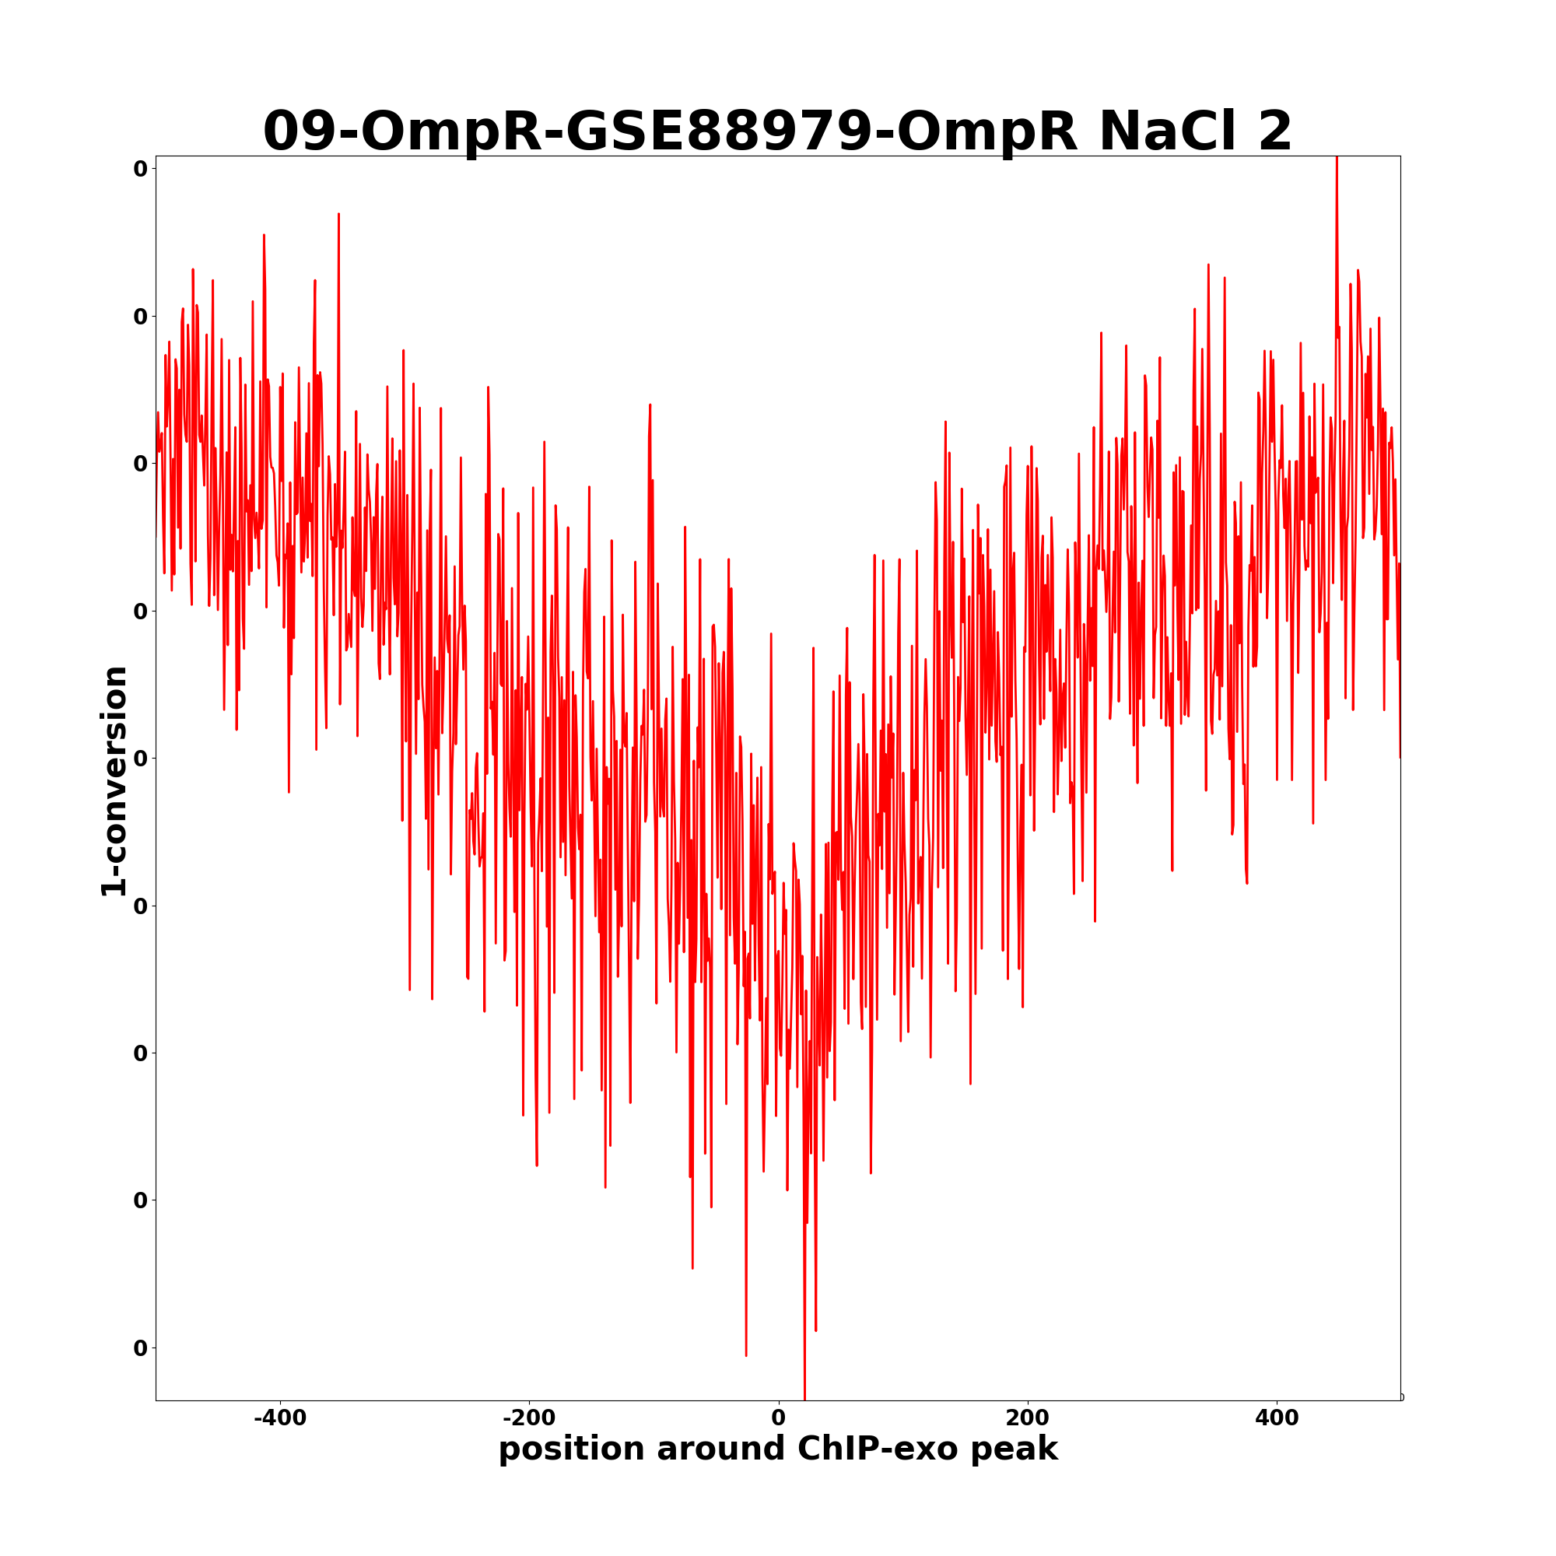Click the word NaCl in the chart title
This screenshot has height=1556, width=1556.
(1165, 131)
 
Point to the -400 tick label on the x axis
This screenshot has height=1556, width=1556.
(279, 1417)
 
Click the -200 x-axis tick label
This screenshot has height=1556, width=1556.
(528, 1417)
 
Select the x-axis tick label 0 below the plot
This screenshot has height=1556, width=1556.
(778, 1417)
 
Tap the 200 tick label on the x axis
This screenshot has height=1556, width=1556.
(1027, 1417)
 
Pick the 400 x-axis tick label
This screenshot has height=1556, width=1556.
(1277, 1417)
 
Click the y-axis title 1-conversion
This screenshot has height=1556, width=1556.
(114, 781)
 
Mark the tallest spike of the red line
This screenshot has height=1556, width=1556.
(1336, 159)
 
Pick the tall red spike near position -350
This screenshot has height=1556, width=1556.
(338, 215)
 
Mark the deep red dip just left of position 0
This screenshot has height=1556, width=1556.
(746, 1354)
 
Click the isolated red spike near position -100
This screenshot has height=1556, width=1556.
(650, 405)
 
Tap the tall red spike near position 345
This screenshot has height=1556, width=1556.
(1208, 265)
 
